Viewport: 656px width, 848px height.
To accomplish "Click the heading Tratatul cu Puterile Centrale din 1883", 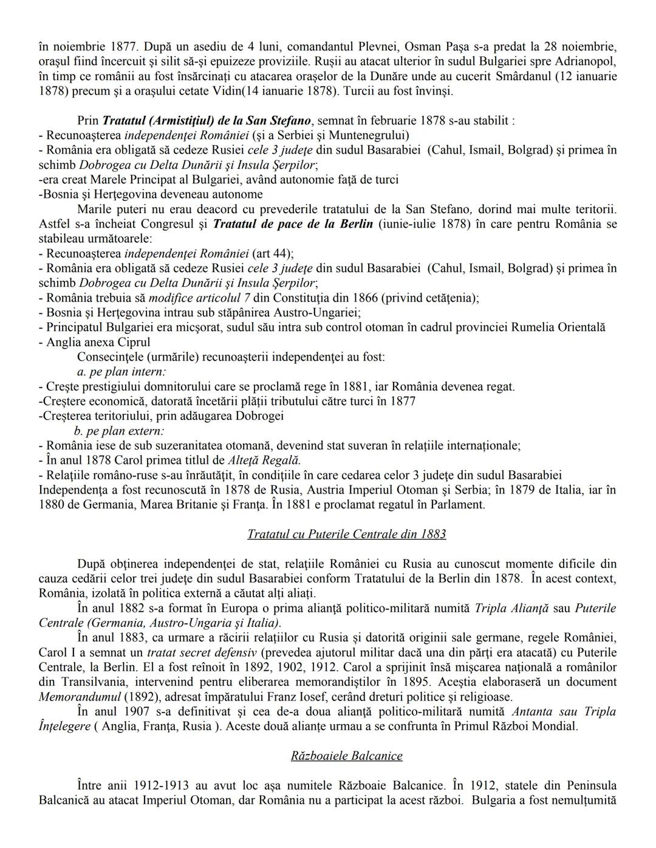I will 346,534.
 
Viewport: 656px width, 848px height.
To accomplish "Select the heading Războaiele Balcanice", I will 346,756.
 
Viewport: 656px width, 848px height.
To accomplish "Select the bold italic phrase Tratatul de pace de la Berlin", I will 293,224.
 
